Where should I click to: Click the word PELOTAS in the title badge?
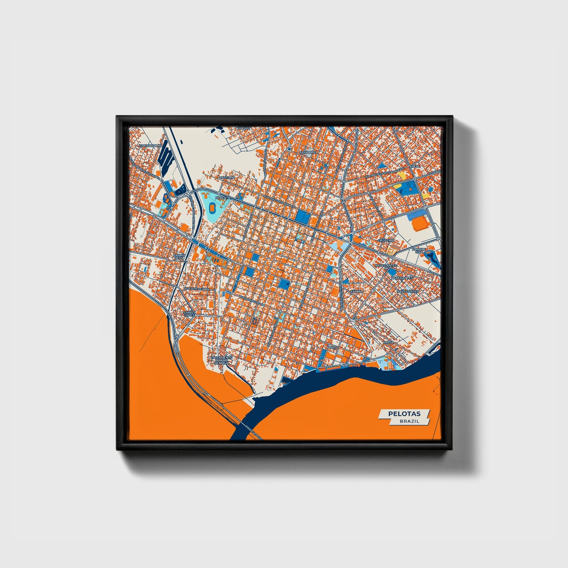(x=404, y=414)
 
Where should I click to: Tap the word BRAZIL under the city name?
(x=409, y=421)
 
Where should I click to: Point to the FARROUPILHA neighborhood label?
(x=151, y=145)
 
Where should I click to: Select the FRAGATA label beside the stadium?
(x=222, y=198)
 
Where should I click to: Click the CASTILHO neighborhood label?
(x=227, y=178)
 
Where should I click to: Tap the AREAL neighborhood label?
(x=415, y=167)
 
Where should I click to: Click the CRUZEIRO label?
(x=386, y=240)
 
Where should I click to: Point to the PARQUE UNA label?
(x=419, y=250)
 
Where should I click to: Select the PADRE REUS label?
(x=179, y=257)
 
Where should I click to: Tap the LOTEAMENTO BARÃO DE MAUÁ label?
(x=222, y=360)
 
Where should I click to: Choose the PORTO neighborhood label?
(x=333, y=348)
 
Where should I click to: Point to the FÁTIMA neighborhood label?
(x=357, y=292)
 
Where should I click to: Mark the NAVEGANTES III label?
(x=386, y=267)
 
